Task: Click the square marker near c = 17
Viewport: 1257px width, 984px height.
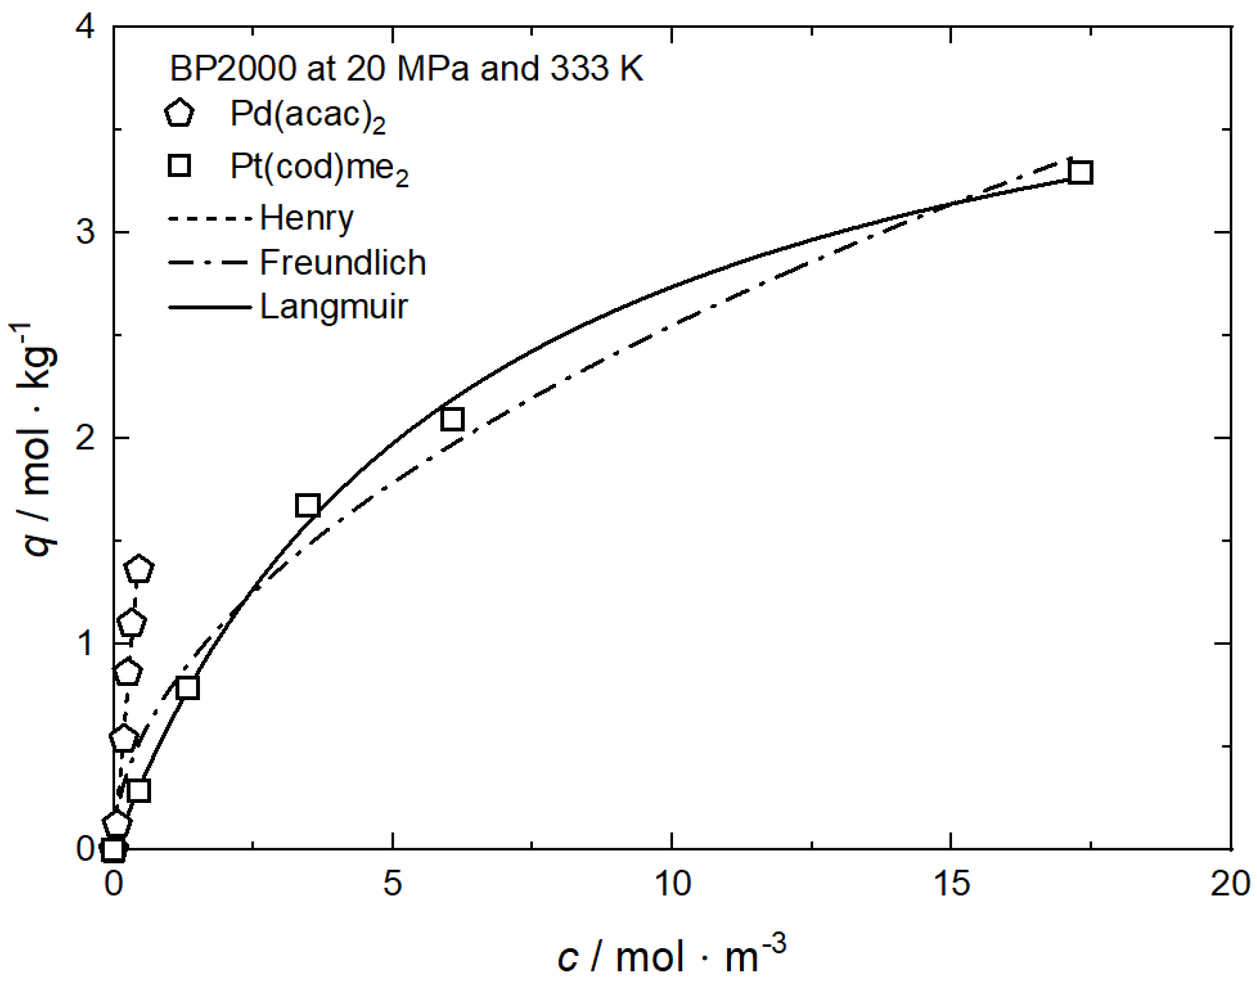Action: (x=1080, y=172)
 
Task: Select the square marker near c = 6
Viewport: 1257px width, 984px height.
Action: (x=453, y=419)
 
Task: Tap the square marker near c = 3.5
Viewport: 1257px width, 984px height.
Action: (x=308, y=505)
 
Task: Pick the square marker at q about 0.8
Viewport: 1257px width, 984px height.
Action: (x=188, y=687)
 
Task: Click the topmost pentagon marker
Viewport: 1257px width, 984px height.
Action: (x=139, y=569)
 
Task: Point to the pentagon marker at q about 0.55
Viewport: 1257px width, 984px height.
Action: (x=123, y=738)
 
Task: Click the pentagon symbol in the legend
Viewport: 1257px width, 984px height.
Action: (x=179, y=113)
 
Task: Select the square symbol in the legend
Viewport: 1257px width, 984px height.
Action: (x=179, y=166)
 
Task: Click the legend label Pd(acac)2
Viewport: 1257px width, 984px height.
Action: (x=307, y=115)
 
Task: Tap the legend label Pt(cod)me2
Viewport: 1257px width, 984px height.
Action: (x=319, y=168)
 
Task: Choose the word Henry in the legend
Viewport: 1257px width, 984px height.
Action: (x=307, y=218)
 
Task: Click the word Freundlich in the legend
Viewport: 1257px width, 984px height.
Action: (x=343, y=263)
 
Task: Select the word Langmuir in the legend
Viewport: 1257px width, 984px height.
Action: (x=334, y=306)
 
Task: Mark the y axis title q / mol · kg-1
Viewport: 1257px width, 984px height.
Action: (x=35, y=441)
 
